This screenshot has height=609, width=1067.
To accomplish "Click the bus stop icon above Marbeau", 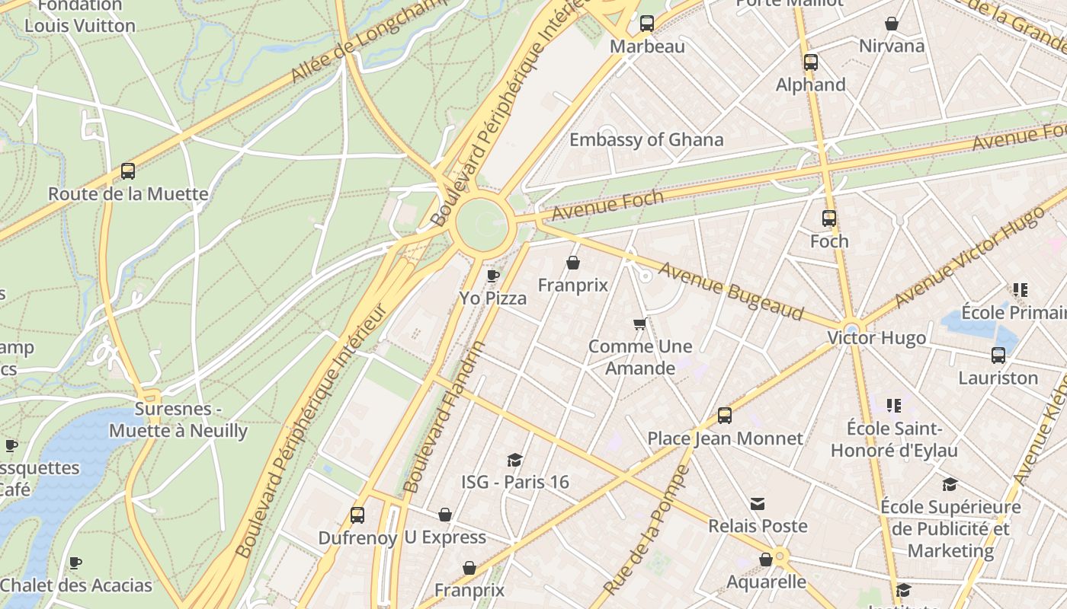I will coord(647,24).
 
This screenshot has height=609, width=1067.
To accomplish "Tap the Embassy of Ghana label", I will coord(646,140).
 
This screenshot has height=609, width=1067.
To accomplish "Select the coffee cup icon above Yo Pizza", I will coord(493,276).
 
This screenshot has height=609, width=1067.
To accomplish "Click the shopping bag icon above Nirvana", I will coord(892,24).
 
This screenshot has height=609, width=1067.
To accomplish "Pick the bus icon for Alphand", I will coord(811,62).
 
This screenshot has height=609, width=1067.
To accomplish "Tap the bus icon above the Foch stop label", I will coord(829,219).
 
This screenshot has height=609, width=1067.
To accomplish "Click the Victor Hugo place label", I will coord(876,338).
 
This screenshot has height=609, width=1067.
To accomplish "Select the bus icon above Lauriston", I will coord(998,356).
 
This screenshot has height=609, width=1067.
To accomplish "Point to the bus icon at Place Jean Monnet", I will coord(725,416).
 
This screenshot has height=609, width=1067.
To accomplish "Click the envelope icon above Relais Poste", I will coord(758,504).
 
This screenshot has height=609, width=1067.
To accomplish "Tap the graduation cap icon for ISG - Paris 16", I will coord(515,460).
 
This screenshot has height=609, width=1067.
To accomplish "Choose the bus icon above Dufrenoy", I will coord(357,515).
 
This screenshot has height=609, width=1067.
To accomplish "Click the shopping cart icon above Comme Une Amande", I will coord(640,324).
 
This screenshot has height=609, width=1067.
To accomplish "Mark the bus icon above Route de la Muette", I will coord(128,171).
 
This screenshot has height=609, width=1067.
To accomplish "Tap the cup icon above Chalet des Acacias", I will coord(75,563).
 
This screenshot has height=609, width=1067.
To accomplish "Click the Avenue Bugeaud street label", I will coord(731,292).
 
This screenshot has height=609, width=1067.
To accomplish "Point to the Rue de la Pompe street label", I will coord(646,530).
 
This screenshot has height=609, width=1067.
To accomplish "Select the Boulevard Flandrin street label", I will coord(444,416).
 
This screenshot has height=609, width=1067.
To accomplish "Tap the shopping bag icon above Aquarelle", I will coord(766,560).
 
